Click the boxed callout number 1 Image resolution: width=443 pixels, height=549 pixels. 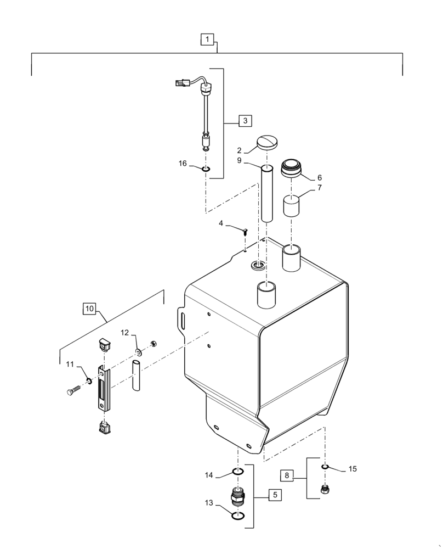click(x=206, y=40)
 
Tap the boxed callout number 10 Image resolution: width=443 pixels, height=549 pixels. click(x=89, y=309)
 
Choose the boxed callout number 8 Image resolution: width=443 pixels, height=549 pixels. click(x=288, y=475)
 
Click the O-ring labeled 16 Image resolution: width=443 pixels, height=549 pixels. click(x=205, y=168)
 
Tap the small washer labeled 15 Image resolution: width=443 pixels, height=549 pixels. click(x=325, y=467)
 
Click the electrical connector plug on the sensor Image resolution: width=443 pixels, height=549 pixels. click(x=180, y=84)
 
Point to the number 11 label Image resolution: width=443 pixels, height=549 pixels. click(x=70, y=364)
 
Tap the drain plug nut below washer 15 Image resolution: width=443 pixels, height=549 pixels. click(x=325, y=488)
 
